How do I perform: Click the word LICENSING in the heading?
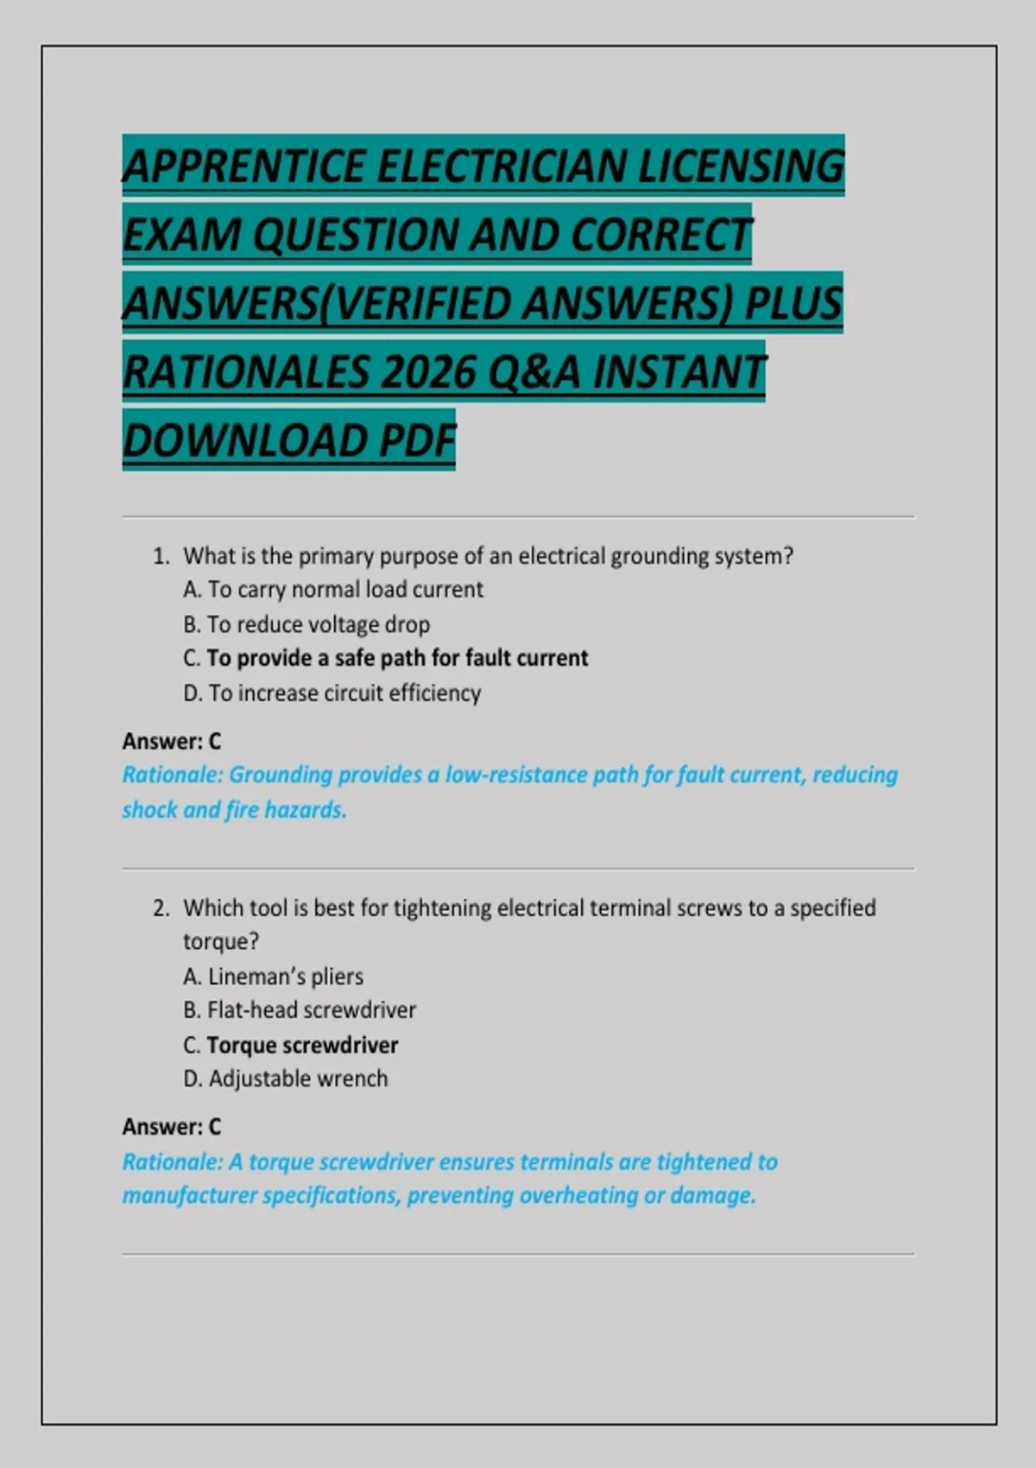click(740, 166)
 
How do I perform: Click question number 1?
click(161, 556)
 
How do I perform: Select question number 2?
click(161, 908)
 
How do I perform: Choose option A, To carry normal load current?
click(333, 590)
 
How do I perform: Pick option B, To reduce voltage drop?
click(306, 624)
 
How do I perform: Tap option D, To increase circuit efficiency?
click(332, 693)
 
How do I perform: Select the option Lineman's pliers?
click(274, 977)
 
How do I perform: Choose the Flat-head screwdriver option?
click(300, 1010)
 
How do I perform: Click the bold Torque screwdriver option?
click(291, 1045)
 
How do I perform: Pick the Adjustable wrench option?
click(286, 1079)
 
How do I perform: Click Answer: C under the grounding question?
click(172, 741)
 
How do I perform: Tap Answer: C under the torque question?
click(172, 1127)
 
